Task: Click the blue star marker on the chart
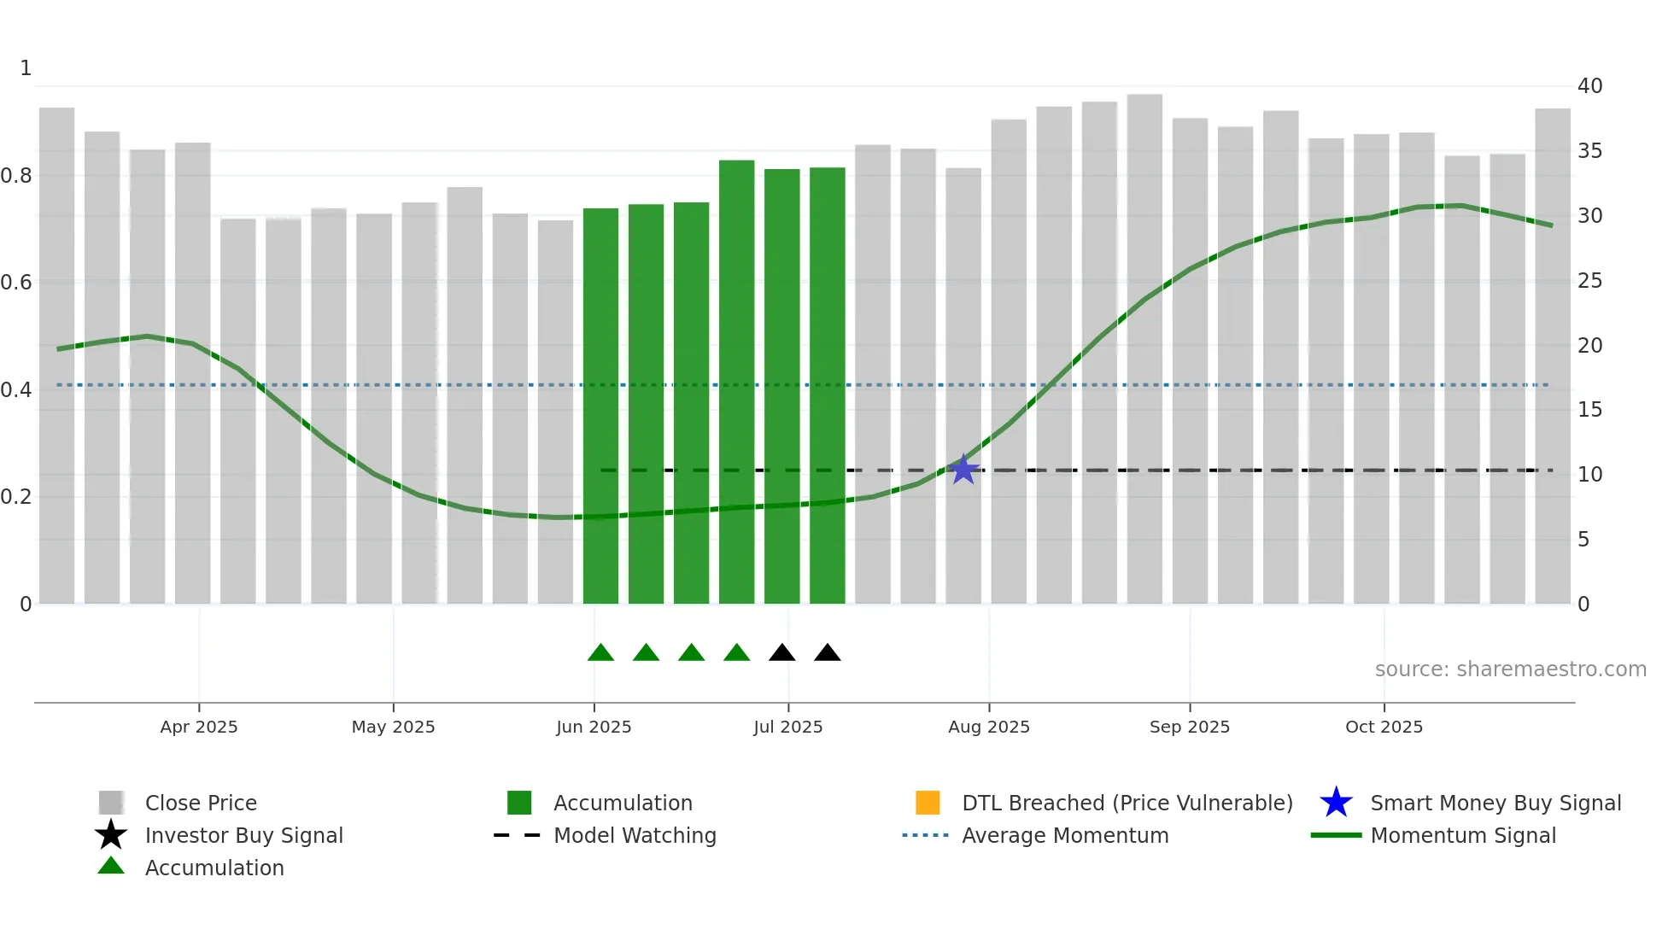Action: point(963,470)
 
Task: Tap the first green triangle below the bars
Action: point(600,653)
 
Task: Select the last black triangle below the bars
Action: point(827,653)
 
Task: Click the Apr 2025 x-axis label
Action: point(199,727)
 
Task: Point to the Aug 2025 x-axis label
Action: point(989,727)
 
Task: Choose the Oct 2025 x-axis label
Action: point(1384,727)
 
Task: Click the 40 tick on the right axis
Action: point(1589,86)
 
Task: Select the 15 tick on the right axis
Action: point(1589,410)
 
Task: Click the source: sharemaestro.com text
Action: point(1510,669)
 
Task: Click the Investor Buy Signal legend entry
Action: point(243,835)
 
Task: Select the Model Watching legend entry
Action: point(635,835)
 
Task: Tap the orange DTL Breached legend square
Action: point(928,803)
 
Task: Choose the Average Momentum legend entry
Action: point(1064,835)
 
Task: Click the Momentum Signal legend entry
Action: point(1462,835)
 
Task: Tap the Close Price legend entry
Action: point(201,803)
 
